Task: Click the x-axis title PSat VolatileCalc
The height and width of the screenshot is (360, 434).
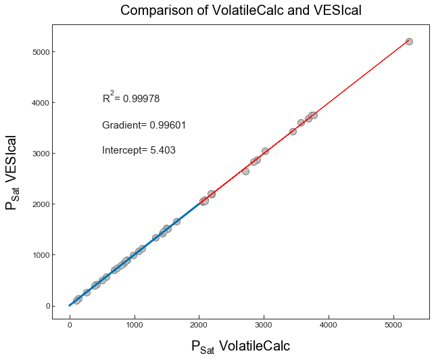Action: point(241,346)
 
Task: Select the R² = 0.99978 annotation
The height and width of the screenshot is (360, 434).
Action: point(131,98)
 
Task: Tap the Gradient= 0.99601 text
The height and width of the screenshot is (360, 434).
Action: point(144,125)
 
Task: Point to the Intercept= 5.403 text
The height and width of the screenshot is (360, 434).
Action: point(139,150)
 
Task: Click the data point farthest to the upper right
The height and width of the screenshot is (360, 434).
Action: point(409,41)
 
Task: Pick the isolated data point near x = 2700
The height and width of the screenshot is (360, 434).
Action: point(245,171)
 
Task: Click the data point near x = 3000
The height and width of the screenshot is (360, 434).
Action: point(265,151)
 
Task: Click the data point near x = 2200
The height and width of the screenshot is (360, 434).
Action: point(212,194)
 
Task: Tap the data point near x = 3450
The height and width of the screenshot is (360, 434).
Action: point(293,131)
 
